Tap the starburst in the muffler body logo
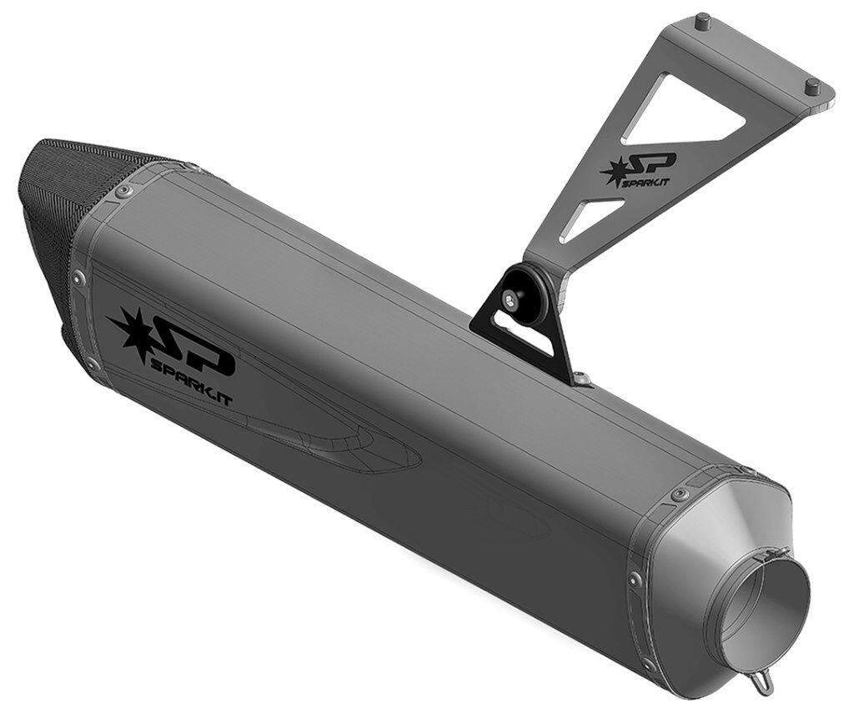133,329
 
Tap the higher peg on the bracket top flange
703,20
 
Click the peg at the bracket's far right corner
812,84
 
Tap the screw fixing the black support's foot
581,379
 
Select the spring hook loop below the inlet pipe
766,683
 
